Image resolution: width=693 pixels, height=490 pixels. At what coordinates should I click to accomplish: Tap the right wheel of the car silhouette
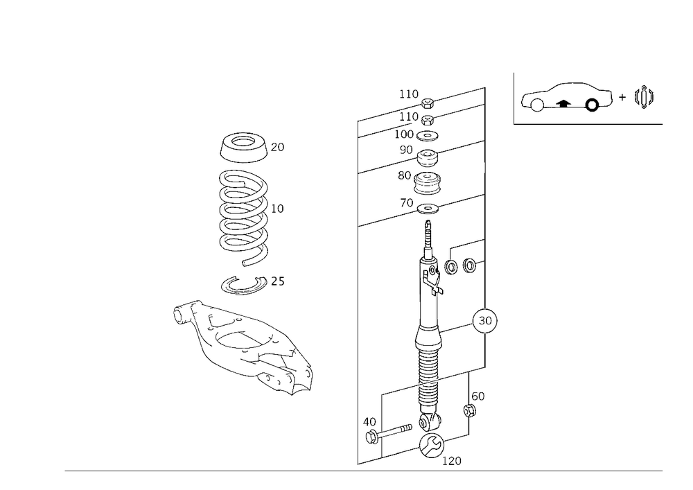(x=593, y=104)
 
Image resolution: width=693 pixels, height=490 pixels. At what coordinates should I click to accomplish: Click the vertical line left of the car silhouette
(x=513, y=98)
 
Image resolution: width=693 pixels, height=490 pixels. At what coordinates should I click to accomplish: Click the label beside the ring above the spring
(x=279, y=147)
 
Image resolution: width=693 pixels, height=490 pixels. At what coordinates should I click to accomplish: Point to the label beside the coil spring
(x=280, y=207)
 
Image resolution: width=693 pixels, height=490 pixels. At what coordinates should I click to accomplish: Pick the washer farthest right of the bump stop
(x=473, y=265)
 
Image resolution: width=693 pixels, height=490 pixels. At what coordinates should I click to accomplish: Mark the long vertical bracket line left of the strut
(x=358, y=291)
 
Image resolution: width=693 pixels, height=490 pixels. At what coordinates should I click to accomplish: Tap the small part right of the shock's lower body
(x=475, y=406)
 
